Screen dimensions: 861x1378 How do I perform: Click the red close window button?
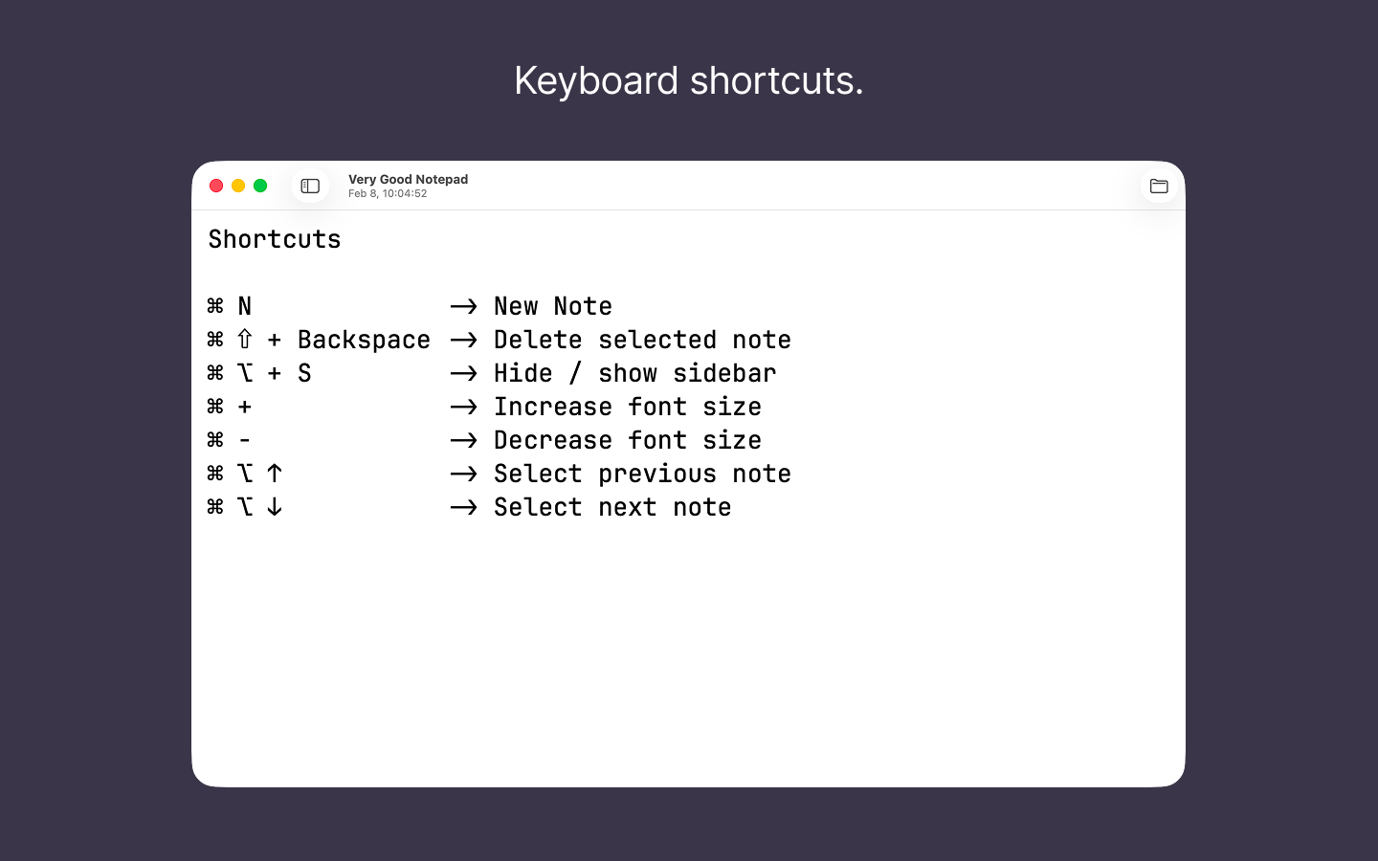pyautogui.click(x=216, y=186)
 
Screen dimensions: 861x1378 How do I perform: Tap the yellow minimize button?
pyautogui.click(x=238, y=186)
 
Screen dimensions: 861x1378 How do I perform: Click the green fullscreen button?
pyautogui.click(x=260, y=186)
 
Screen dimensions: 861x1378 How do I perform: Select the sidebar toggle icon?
pyautogui.click(x=310, y=186)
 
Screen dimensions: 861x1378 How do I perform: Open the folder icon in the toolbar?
pyautogui.click(x=1159, y=186)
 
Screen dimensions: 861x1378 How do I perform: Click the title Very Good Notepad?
pyautogui.click(x=408, y=179)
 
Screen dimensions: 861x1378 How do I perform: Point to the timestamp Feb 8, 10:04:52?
pyautogui.click(x=388, y=193)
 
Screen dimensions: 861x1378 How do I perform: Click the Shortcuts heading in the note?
pyautogui.click(x=275, y=239)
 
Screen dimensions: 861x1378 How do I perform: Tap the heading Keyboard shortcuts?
pyautogui.click(x=688, y=80)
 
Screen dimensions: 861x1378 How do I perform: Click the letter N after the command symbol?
pyautogui.click(x=245, y=306)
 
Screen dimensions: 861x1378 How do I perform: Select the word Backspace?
pyautogui.click(x=364, y=340)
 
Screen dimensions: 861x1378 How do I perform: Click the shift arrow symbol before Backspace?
pyautogui.click(x=245, y=340)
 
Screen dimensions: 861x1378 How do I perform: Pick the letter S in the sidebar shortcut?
pyautogui.click(x=304, y=373)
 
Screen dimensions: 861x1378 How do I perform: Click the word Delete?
pyautogui.click(x=538, y=340)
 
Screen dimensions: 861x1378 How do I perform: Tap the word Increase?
pyautogui.click(x=553, y=407)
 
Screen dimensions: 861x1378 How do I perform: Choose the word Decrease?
pyautogui.click(x=553, y=440)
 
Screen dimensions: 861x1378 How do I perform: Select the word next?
pyautogui.click(x=628, y=507)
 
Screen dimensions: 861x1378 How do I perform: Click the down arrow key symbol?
pyautogui.click(x=275, y=507)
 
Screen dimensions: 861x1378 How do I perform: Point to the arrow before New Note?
pyautogui.click(x=463, y=306)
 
